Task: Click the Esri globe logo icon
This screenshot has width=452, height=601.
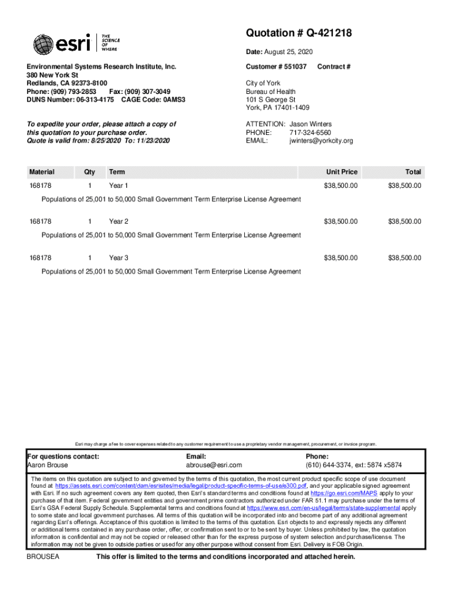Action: [43, 45]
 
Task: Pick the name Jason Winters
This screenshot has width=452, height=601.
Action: [311, 124]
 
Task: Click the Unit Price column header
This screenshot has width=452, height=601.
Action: [342, 172]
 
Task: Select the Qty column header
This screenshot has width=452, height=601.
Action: [89, 172]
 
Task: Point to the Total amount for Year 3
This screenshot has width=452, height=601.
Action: [404, 258]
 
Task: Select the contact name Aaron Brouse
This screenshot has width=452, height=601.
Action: [48, 465]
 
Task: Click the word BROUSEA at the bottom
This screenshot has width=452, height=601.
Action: [43, 556]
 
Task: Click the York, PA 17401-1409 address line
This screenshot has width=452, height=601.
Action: [277, 108]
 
